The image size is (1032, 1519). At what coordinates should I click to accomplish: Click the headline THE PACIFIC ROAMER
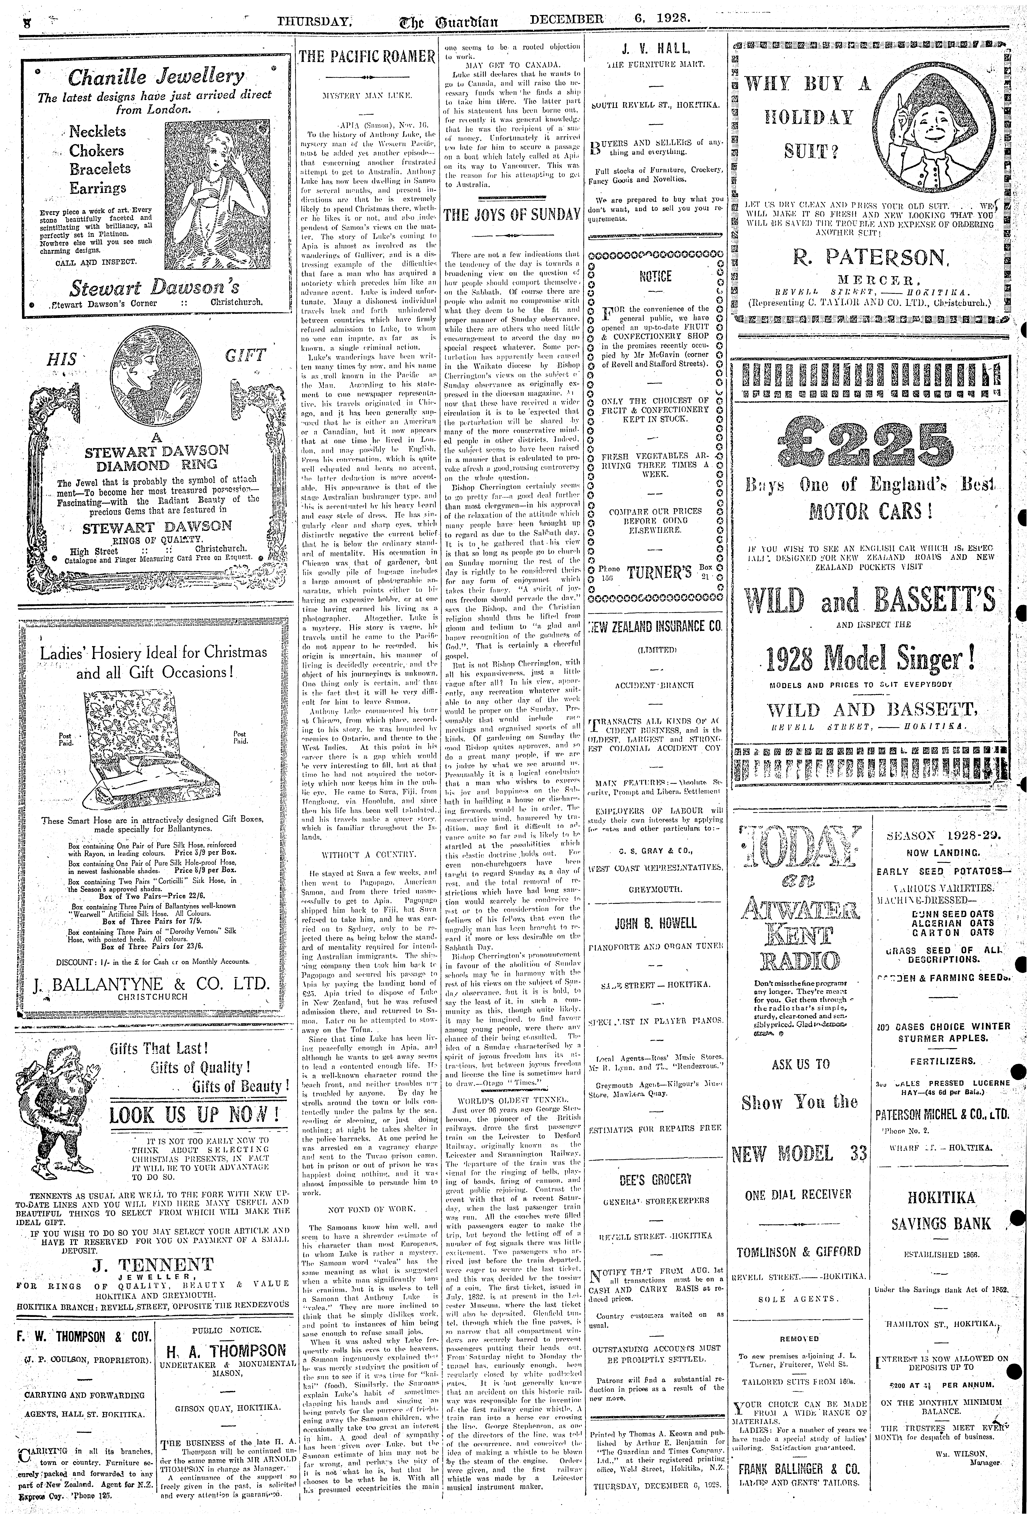tap(367, 57)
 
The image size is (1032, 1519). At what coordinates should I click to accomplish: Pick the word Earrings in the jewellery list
tap(98, 188)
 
